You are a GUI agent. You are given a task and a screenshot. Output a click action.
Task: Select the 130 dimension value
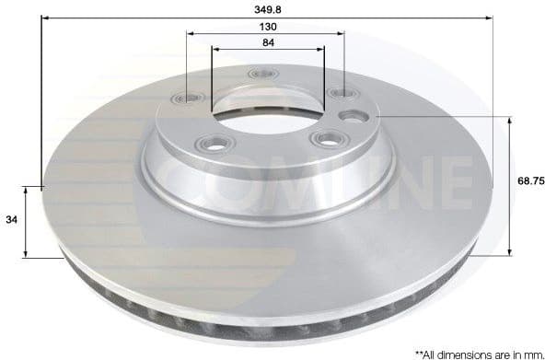267,27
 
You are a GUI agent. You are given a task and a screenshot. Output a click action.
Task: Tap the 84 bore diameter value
267,42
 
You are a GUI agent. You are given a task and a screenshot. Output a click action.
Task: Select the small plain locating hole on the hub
352,117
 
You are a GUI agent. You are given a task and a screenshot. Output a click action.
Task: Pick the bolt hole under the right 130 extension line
341,93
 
